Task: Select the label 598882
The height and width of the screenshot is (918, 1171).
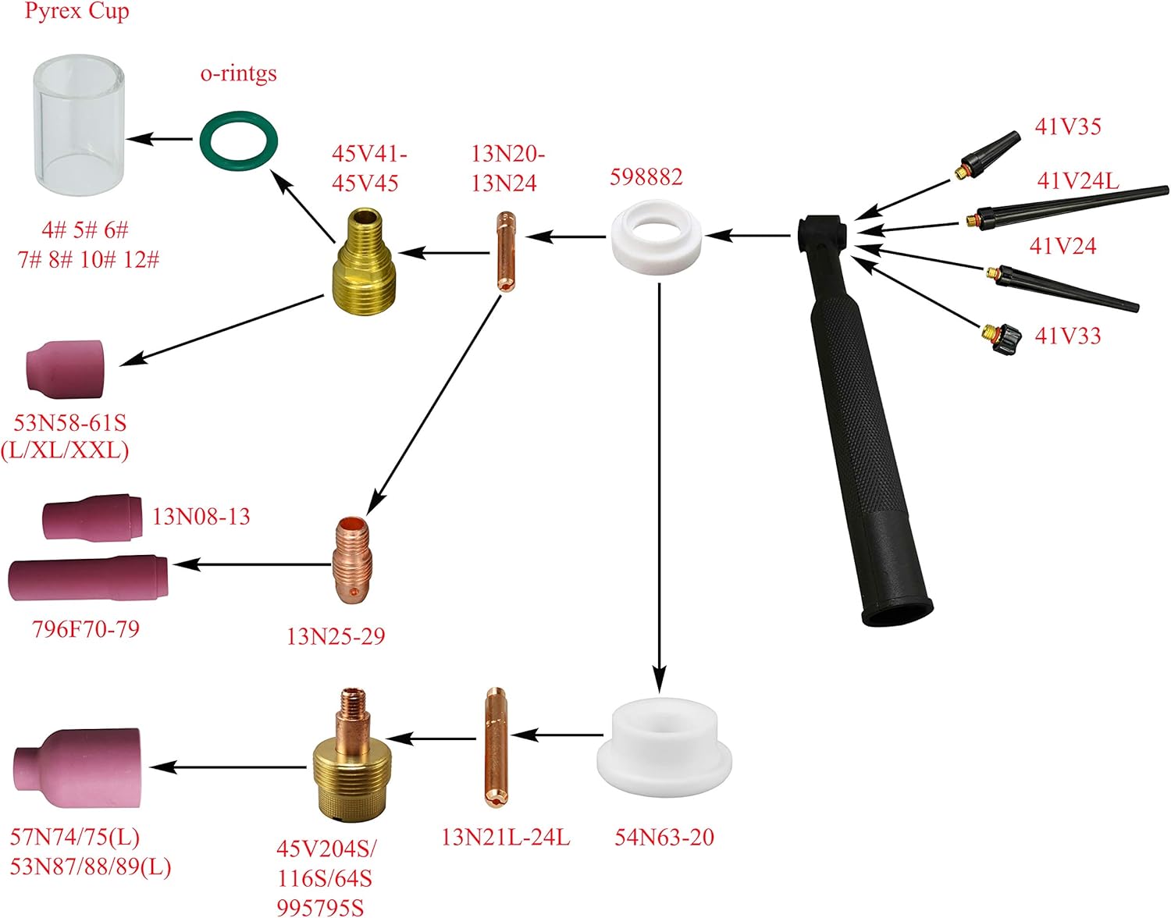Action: click(646, 176)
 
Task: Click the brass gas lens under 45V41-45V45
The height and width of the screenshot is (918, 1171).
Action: click(365, 263)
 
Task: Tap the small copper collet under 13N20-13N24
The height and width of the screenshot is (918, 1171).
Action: click(506, 251)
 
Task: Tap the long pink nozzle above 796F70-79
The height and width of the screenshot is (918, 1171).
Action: click(88, 578)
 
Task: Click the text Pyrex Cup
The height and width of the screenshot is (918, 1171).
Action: click(77, 10)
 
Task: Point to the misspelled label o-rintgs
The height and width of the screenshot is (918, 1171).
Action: click(238, 73)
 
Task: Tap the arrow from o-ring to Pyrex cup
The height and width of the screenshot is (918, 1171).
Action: click(160, 139)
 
